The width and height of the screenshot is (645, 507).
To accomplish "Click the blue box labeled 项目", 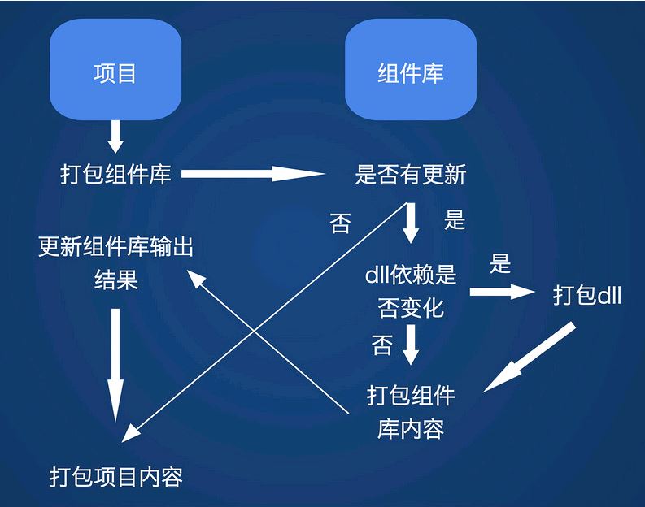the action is tap(115, 69).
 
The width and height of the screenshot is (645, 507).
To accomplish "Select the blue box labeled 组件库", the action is tap(411, 69).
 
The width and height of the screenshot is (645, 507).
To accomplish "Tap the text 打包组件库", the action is tap(115, 174).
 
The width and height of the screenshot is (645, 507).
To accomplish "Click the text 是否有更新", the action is tap(411, 174).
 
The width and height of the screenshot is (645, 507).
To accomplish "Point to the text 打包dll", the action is tap(587, 295).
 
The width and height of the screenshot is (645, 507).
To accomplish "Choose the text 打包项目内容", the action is tap(116, 477).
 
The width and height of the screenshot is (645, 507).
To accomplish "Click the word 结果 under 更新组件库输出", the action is tap(116, 279).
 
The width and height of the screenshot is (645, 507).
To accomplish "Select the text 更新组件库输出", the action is tap(115, 246).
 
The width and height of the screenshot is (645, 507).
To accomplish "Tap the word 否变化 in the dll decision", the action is tap(411, 308).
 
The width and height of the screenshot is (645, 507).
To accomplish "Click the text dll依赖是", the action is tap(411, 275).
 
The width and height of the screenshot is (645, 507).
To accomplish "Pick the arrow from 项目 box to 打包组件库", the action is tap(115, 136).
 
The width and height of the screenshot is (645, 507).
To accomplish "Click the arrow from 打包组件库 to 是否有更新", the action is tap(253, 173).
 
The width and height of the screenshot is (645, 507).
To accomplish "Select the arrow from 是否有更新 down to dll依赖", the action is tap(411, 223).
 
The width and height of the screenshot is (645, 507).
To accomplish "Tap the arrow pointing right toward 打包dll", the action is tap(503, 292).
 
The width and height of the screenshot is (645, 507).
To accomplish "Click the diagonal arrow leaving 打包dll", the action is tap(529, 357).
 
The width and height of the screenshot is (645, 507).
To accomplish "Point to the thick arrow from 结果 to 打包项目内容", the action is tap(115, 365).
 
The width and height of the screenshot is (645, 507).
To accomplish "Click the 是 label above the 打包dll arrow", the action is tap(500, 263).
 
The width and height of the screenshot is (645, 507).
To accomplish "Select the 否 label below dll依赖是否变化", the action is tap(381, 344).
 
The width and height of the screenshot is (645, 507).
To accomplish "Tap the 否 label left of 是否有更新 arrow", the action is tap(340, 223).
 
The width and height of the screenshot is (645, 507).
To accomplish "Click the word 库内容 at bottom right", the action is tap(411, 428).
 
